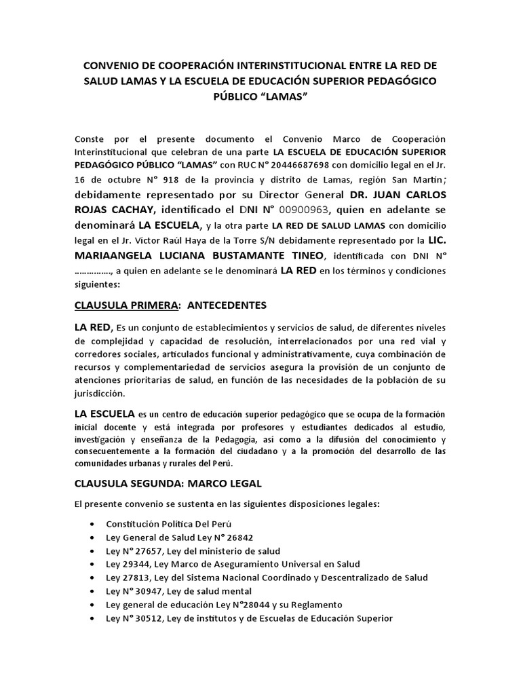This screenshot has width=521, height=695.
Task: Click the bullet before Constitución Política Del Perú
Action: coord(92,525)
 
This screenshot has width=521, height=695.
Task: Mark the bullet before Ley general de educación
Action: coord(92,605)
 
